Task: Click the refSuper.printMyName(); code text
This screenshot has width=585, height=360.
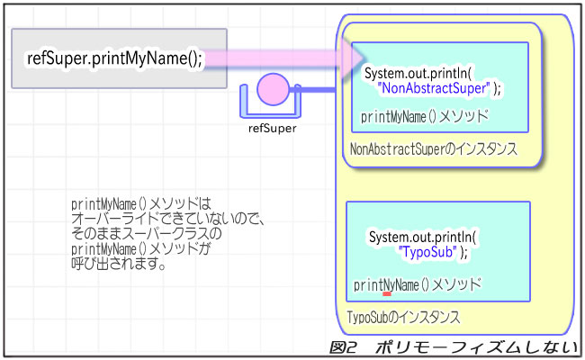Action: pyautogui.click(x=116, y=58)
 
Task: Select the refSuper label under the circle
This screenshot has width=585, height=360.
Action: pyautogui.click(x=272, y=128)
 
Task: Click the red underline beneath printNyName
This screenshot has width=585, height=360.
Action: pyautogui.click(x=387, y=292)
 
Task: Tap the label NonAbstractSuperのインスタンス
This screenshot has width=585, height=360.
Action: pyautogui.click(x=433, y=149)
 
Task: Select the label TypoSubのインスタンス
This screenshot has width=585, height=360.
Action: pyautogui.click(x=404, y=318)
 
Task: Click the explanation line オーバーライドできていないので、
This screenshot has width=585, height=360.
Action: pyautogui.click(x=172, y=217)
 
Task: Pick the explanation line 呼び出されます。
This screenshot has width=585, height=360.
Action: pyautogui.click(x=117, y=265)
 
